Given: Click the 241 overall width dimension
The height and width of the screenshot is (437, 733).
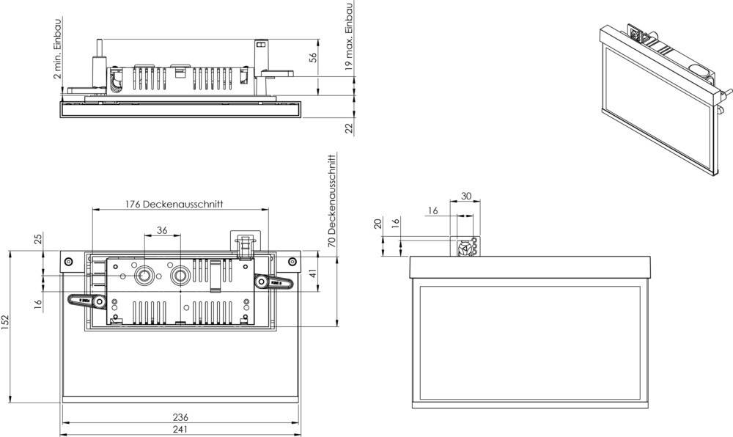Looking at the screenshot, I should pos(180,429).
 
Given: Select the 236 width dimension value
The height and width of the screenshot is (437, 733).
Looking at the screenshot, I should pos(180,416).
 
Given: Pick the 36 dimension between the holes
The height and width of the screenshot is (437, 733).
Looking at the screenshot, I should pos(163,230).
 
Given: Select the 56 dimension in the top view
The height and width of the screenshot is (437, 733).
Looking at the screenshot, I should pos(312,58).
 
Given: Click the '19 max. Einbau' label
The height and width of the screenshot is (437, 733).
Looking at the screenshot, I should pos(350,35).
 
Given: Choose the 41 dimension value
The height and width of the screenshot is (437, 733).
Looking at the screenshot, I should pos(312,274).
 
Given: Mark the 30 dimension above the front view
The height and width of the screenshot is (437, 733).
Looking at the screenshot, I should pos(465,196).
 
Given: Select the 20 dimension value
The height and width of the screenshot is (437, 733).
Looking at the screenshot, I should pos(377,223).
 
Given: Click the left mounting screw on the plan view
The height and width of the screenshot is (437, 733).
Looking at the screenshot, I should pos(68,262).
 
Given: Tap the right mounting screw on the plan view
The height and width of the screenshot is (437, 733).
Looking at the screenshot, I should pos(292,262).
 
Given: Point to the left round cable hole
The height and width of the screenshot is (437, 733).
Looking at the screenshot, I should pos(145,275).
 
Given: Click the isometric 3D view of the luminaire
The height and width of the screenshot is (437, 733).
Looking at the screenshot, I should pos(660,95).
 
